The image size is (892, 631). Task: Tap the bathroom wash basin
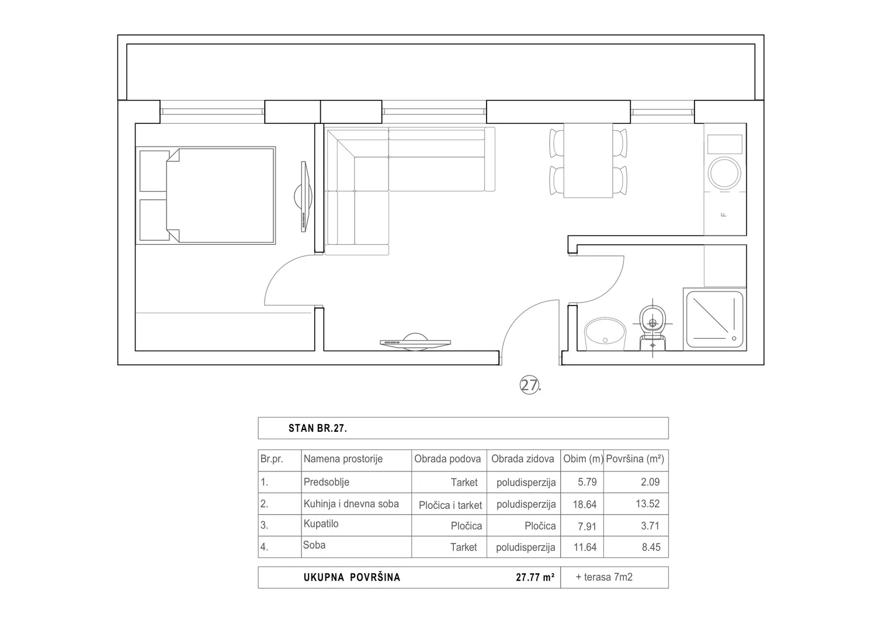(x=605, y=334)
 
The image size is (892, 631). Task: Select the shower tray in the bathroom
(x=715, y=319)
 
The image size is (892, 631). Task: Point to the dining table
(x=588, y=160)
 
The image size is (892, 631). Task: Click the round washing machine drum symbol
(x=724, y=173)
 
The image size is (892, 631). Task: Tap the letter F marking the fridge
(x=724, y=215)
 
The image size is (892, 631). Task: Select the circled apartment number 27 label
(x=530, y=385)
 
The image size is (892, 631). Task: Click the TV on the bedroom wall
(x=304, y=196)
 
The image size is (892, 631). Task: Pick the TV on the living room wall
(x=415, y=342)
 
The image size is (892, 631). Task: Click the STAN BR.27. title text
(x=318, y=428)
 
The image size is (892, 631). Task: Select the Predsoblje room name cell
(x=326, y=482)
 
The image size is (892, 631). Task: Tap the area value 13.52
(x=647, y=504)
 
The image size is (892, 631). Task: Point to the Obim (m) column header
(x=583, y=459)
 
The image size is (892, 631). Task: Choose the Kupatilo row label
(x=321, y=523)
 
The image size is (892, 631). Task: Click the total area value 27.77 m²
(x=535, y=577)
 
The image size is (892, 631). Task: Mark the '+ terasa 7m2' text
(x=604, y=577)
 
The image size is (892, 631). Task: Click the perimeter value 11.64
(x=585, y=547)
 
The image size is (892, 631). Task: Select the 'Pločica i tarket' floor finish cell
(x=450, y=505)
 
